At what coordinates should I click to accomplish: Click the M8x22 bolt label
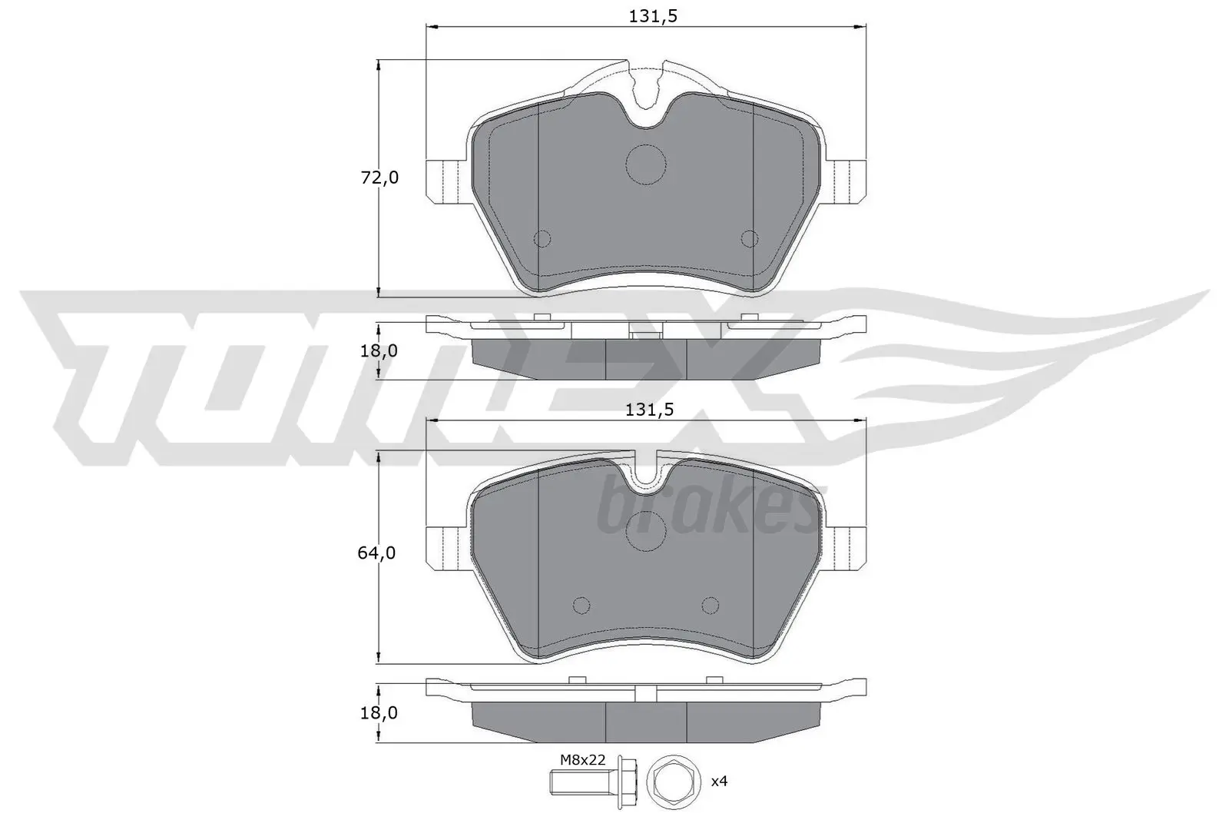tap(582, 760)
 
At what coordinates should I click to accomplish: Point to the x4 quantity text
tap(718, 782)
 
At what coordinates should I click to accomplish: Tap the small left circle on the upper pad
tap(542, 239)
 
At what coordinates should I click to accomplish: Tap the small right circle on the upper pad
tap(748, 239)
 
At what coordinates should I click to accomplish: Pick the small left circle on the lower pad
tap(581, 605)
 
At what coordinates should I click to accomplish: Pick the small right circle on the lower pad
tap(710, 605)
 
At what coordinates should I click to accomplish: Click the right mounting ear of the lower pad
tap(846, 547)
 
